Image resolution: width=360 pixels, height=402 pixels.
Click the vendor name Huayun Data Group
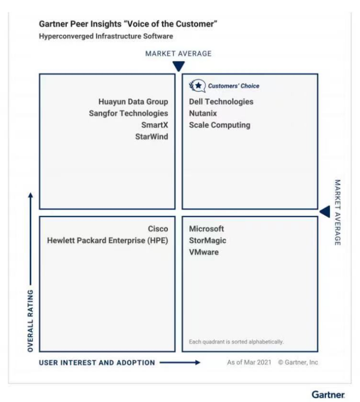[x=133, y=102]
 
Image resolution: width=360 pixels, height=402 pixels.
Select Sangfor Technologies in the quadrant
[x=128, y=113]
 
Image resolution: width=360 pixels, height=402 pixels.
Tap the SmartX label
[x=155, y=125]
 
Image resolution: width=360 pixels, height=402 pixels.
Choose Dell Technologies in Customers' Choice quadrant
[x=221, y=102]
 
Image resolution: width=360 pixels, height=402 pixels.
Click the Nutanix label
[x=203, y=113]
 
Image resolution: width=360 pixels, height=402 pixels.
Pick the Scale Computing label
[x=220, y=125]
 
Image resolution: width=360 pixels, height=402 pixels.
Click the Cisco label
[x=158, y=229]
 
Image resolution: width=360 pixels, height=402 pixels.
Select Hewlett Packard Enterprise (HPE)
[x=108, y=241]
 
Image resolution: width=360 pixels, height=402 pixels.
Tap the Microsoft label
[x=207, y=229]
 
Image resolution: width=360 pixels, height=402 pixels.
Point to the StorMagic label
[x=208, y=241]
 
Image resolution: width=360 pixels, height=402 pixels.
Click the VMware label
[x=204, y=252]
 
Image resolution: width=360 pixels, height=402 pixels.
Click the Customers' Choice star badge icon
[x=197, y=85]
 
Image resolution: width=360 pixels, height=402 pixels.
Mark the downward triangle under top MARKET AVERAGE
[x=178, y=66]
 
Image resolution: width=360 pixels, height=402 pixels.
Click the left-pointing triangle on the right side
[x=325, y=211]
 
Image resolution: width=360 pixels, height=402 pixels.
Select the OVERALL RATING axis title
[x=31, y=320]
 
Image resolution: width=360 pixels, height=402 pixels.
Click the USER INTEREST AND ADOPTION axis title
[x=97, y=362]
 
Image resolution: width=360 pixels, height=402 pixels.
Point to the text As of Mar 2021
[x=249, y=362]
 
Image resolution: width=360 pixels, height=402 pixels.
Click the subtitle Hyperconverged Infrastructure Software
[x=106, y=36]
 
